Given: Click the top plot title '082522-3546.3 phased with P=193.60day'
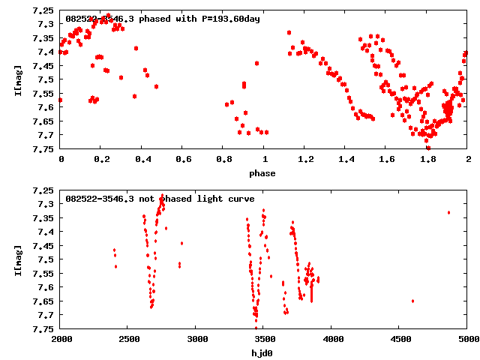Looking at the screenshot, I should pyautogui.click(x=163, y=19).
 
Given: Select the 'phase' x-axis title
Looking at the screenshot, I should pyautogui.click(x=263, y=173).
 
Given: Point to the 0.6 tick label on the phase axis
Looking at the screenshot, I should pyautogui.click(x=182, y=160).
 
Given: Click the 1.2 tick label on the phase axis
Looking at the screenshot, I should pyautogui.click(x=304, y=160).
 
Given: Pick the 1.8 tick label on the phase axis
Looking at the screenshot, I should pyautogui.click(x=427, y=160).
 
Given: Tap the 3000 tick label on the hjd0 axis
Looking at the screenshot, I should pyautogui.click(x=196, y=339).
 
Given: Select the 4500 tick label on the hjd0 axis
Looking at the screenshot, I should pyautogui.click(x=400, y=339).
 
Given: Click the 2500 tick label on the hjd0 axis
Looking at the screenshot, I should pyautogui.click(x=128, y=339).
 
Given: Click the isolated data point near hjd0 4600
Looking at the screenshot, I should pyautogui.click(x=413, y=301).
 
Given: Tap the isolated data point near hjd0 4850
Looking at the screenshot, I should pyautogui.click(x=448, y=212).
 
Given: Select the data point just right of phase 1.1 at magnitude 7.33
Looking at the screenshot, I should pyautogui.click(x=289, y=32).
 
